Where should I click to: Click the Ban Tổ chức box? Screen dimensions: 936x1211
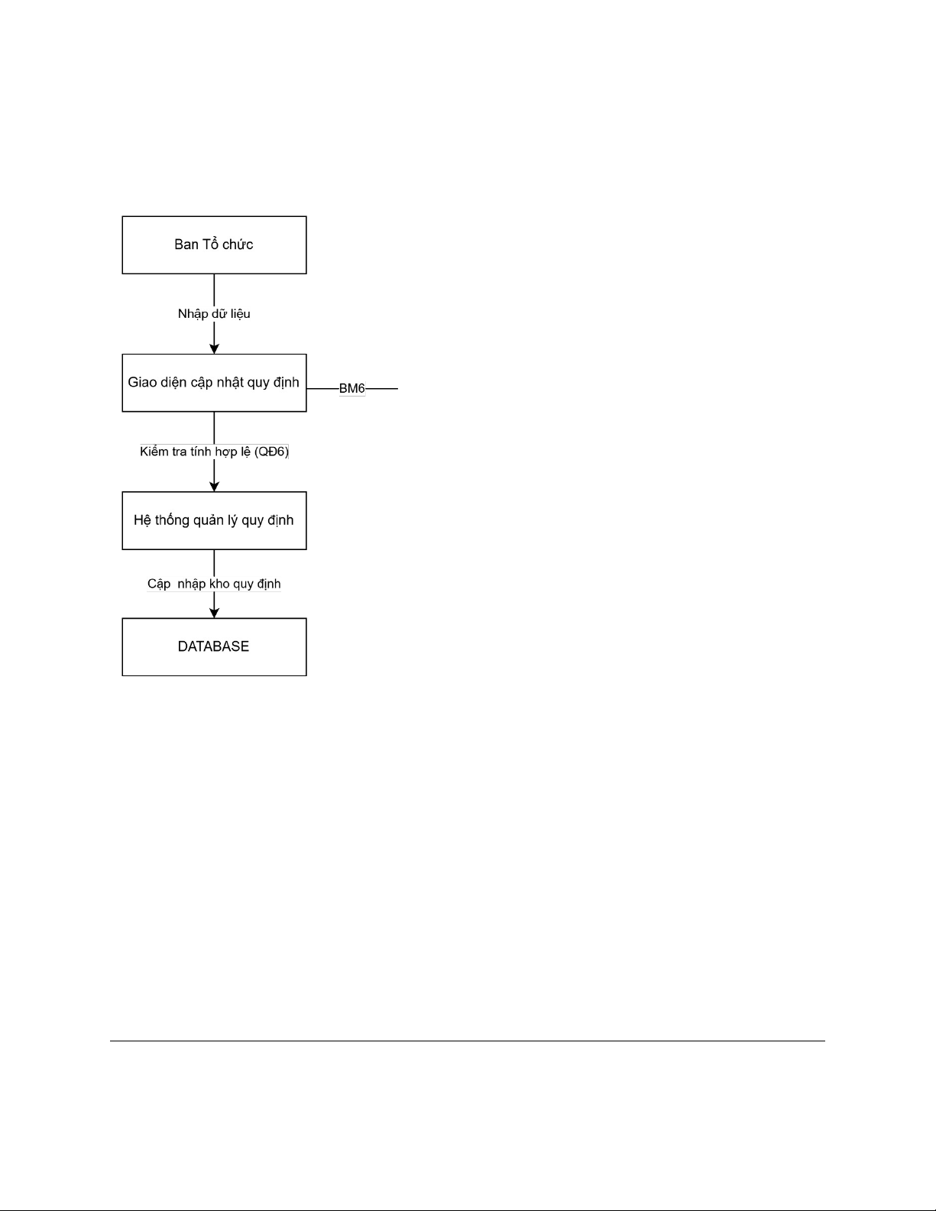214,244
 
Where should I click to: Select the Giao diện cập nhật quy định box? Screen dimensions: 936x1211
214,383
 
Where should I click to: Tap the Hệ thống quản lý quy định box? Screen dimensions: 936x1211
214,520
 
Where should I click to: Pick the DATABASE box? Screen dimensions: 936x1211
214,647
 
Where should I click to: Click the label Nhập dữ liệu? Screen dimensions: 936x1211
214,314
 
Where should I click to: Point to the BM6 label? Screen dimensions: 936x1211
352,388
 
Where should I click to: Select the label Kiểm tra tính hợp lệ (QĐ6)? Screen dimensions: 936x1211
215,452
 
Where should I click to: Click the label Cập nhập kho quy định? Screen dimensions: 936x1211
214,584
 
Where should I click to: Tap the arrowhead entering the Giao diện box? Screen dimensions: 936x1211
214,349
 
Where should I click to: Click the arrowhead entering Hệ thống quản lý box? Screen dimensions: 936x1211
214,487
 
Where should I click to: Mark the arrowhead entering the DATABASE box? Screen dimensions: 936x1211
214,613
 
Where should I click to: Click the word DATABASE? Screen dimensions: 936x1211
213,646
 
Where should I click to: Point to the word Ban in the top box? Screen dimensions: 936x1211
186,244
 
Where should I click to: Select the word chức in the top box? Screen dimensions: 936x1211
238,244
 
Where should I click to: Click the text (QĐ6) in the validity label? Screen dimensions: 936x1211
271,452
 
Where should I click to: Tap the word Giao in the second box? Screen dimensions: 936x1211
142,382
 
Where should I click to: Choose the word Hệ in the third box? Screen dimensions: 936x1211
143,520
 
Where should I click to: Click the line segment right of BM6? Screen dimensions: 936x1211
381,388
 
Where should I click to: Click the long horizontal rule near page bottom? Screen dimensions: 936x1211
468,1041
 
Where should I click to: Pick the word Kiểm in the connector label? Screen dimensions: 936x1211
155,452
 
